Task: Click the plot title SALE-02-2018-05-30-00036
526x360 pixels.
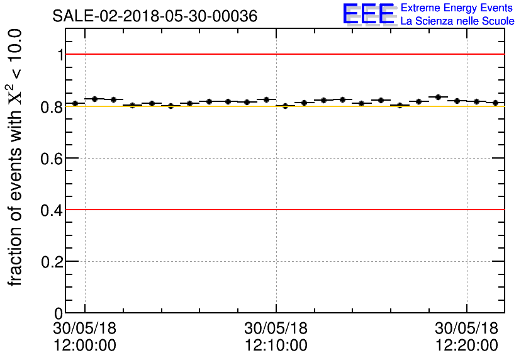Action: (x=155, y=16)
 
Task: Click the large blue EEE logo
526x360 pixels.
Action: (x=369, y=14)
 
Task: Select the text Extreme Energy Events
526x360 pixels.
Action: (x=457, y=8)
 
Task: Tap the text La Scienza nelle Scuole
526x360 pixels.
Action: (x=457, y=21)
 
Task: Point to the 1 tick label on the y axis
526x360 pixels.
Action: (x=61, y=55)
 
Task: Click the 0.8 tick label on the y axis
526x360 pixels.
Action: (x=53, y=106)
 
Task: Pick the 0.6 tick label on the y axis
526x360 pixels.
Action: (x=53, y=158)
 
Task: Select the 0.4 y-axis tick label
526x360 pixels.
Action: (x=53, y=210)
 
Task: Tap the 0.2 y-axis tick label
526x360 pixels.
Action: (x=53, y=261)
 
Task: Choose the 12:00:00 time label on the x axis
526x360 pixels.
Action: (x=85, y=346)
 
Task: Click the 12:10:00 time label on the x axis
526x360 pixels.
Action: (x=276, y=346)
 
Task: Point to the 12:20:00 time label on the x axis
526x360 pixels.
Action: (x=467, y=346)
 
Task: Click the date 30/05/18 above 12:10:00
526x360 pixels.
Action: (x=276, y=329)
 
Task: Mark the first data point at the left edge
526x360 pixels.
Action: (x=75, y=103)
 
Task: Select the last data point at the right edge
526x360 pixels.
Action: (x=496, y=103)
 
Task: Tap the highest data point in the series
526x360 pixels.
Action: (x=438, y=97)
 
